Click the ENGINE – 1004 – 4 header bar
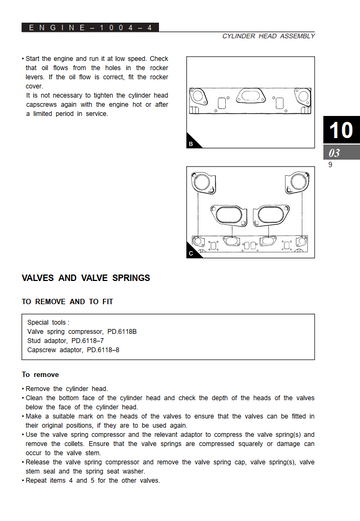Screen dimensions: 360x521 click(x=90, y=27)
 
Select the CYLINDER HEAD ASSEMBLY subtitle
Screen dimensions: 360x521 click(x=268, y=36)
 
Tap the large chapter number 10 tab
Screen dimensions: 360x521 click(x=341, y=130)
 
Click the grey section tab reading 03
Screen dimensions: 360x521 click(x=341, y=153)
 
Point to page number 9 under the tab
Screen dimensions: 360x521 click(x=330, y=165)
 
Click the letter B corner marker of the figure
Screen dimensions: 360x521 click(x=191, y=144)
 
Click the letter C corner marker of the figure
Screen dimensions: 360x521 click(x=191, y=254)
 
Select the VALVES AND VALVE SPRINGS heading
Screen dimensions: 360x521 click(x=86, y=278)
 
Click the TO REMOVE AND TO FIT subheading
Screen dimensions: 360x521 click(x=67, y=302)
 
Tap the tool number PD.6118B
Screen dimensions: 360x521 click(x=122, y=332)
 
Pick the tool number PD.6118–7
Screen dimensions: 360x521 click(x=88, y=341)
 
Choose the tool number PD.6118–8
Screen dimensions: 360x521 click(x=103, y=350)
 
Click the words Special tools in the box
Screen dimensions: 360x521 click(x=46, y=322)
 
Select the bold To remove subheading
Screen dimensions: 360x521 click(x=40, y=375)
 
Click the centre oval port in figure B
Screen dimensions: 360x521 click(x=251, y=96)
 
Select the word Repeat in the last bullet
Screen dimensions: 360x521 click(x=36, y=481)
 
